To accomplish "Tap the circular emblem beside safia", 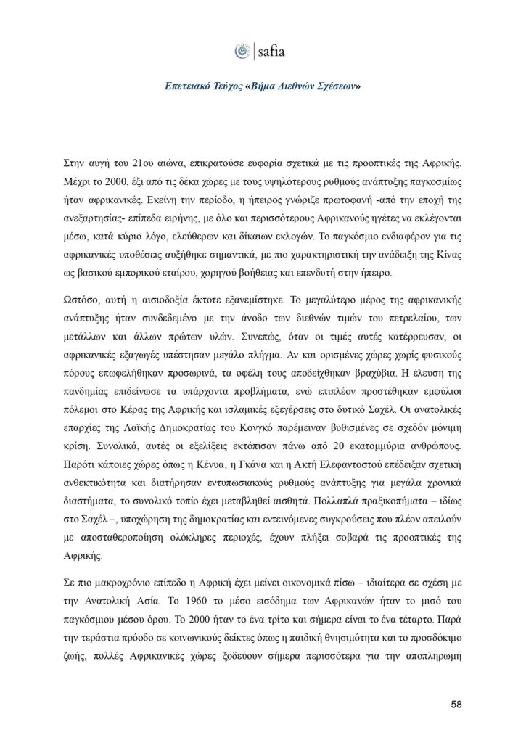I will (x=242, y=52).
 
